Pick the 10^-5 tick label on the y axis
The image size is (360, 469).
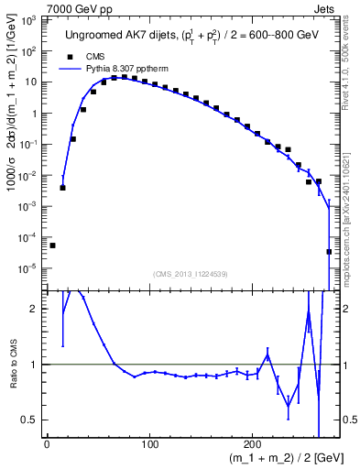pos(29,268)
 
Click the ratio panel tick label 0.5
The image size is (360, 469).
pos(32,420)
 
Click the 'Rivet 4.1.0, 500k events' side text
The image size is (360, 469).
pos(351,73)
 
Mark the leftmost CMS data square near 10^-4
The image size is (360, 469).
pos(53,245)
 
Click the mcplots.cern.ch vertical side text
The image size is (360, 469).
pos(351,211)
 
